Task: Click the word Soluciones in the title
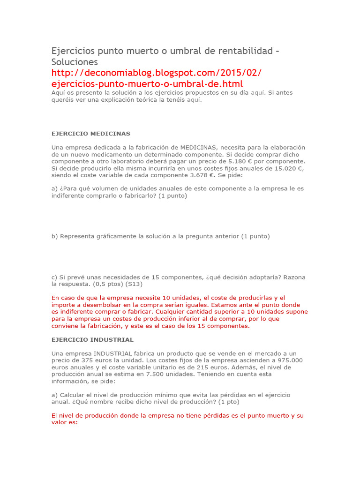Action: click(75, 62)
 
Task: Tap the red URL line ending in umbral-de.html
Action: click(147, 84)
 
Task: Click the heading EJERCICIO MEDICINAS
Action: click(91, 134)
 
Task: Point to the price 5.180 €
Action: click(241, 161)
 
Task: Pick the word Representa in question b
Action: click(76, 236)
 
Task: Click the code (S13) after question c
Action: click(134, 284)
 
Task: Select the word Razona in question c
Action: click(294, 277)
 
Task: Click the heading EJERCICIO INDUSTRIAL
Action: click(92, 339)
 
